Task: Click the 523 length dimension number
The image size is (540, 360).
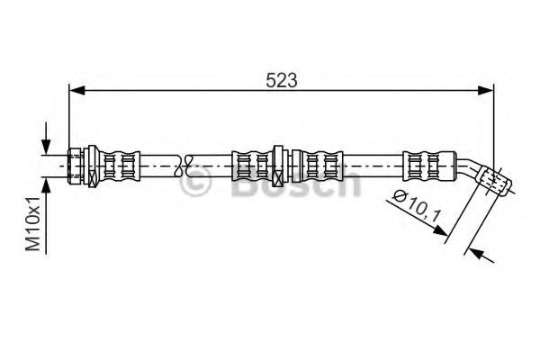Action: [x=281, y=81]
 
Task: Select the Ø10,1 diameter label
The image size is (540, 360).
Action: [x=417, y=206]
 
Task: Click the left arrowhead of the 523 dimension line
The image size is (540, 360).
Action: [x=76, y=91]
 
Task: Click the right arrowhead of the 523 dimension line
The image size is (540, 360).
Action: [x=486, y=91]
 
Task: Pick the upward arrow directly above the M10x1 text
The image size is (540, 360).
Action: [x=46, y=189]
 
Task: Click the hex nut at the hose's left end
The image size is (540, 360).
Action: [x=76, y=166]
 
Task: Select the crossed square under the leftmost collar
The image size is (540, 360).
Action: [x=93, y=179]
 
